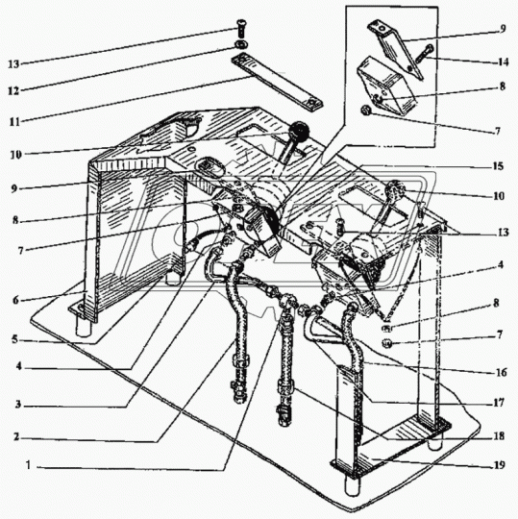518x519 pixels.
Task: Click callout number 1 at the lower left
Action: [29, 465]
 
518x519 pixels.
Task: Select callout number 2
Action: [16, 437]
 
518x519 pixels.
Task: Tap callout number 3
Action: [17, 404]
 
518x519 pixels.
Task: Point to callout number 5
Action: [14, 339]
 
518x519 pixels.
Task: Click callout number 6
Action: [15, 300]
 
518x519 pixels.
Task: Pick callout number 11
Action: [14, 122]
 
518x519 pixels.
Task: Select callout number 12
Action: [13, 90]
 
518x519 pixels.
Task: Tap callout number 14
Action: [503, 62]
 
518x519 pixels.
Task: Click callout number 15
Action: [498, 166]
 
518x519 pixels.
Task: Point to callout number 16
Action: [501, 372]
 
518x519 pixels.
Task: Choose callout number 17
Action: [499, 403]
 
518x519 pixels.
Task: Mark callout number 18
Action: [499, 436]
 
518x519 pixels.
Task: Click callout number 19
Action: [500, 465]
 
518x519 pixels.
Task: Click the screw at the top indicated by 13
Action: [240, 29]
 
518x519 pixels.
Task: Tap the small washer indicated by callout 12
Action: [239, 44]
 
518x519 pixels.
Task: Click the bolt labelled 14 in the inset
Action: [424, 54]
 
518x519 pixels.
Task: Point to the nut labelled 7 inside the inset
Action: [366, 110]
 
